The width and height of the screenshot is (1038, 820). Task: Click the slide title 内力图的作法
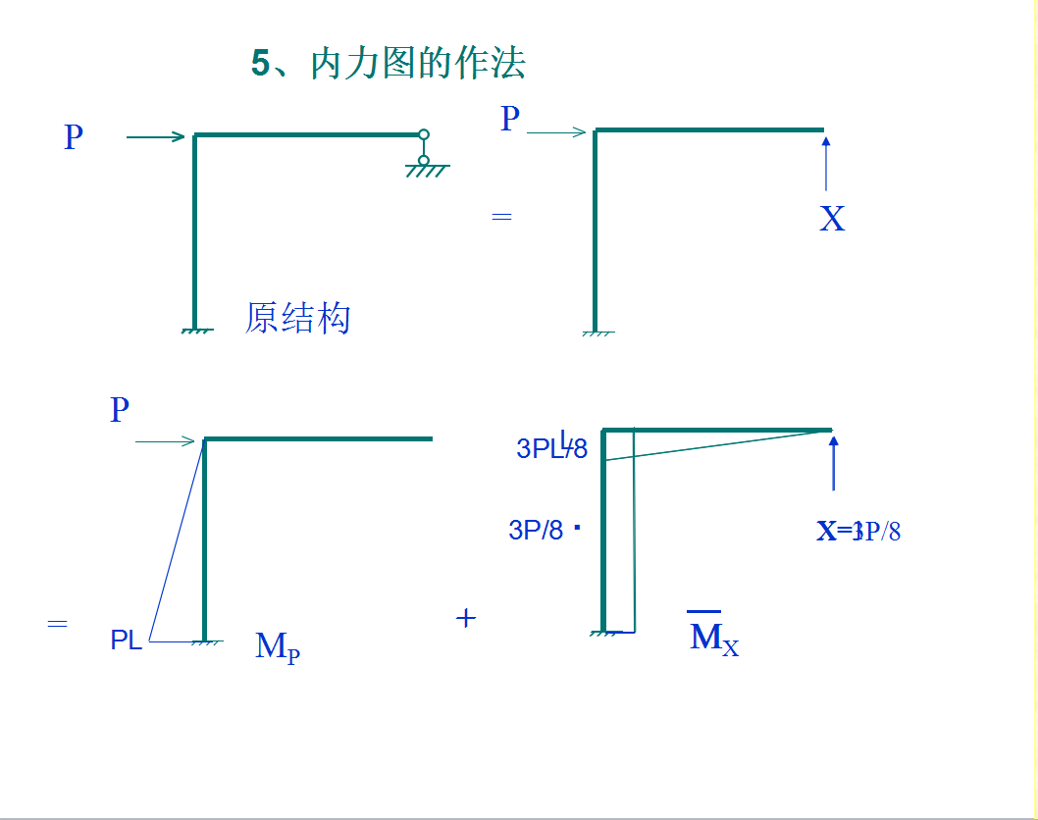pyautogui.click(x=389, y=63)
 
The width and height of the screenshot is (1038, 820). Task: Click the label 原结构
pyautogui.click(x=298, y=318)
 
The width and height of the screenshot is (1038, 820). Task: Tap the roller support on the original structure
pyautogui.click(x=425, y=153)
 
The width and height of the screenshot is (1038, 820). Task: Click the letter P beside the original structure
pyautogui.click(x=74, y=137)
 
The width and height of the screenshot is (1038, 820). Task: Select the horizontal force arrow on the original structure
pyautogui.click(x=156, y=137)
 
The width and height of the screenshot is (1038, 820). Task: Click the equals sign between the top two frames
pyautogui.click(x=501, y=216)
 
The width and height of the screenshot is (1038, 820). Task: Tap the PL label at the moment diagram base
pyautogui.click(x=127, y=641)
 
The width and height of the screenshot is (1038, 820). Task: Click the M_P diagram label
pyautogui.click(x=277, y=647)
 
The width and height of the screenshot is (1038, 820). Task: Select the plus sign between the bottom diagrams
pyautogui.click(x=466, y=618)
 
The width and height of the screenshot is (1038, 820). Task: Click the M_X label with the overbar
pyautogui.click(x=713, y=638)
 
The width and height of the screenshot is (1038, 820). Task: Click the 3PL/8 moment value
pyautogui.click(x=551, y=448)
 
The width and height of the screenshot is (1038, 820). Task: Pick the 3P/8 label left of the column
pyautogui.click(x=536, y=531)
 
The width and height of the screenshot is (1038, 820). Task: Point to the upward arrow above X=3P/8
pyautogui.click(x=834, y=463)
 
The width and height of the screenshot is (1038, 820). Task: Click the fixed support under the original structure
pyautogui.click(x=197, y=331)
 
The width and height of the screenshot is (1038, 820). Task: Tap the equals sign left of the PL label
pyautogui.click(x=57, y=623)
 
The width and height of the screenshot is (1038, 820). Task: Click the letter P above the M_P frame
pyautogui.click(x=120, y=410)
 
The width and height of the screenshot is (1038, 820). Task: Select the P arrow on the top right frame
pyautogui.click(x=556, y=132)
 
